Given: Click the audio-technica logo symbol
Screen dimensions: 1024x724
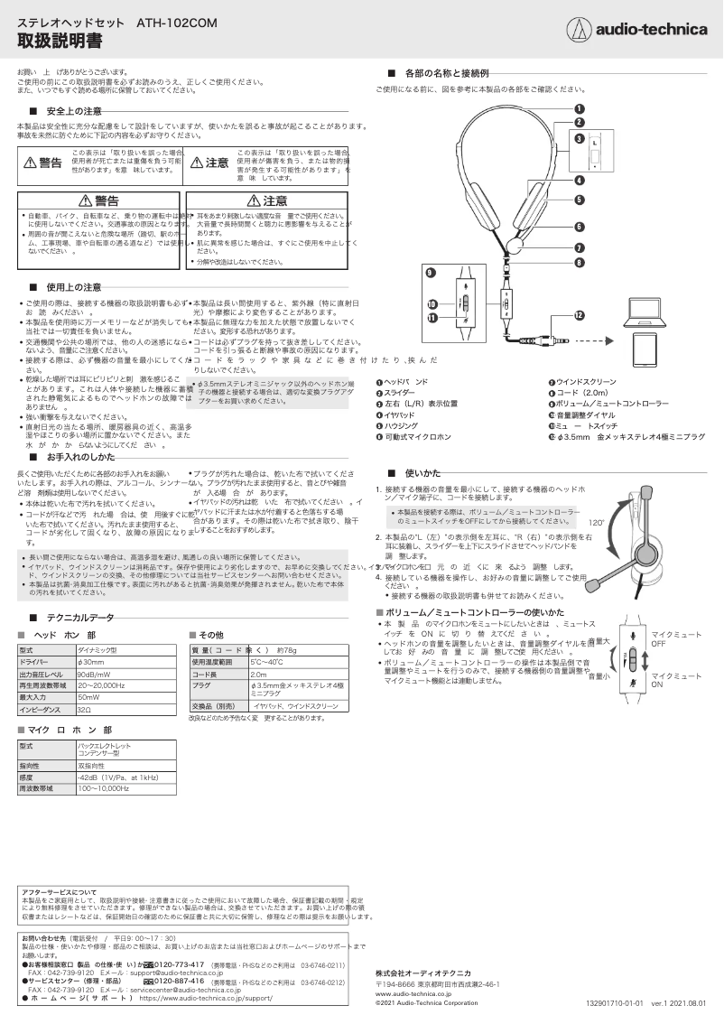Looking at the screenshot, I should [x=574, y=30].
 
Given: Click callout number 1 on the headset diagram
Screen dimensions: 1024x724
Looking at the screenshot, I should [x=579, y=107].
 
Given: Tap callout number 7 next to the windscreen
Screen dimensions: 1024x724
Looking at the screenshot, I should [x=579, y=247].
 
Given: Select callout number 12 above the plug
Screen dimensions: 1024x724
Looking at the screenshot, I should [x=579, y=312].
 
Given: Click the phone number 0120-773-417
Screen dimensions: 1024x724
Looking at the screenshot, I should [x=178, y=965].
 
